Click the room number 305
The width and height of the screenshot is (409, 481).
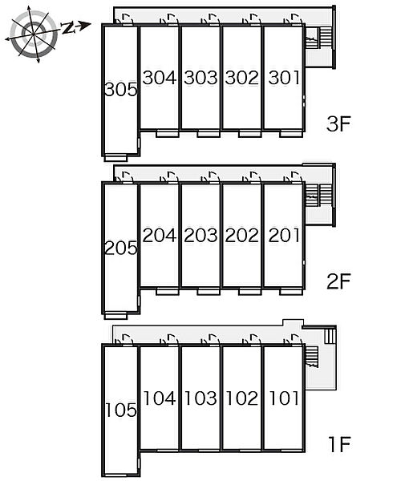120,90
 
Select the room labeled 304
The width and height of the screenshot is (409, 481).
160,77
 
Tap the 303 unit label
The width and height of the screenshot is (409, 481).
200,77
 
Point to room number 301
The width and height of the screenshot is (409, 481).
284,77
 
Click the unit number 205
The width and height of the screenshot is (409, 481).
120,248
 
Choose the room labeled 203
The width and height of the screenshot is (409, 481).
200,235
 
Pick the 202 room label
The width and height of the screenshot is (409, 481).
241,235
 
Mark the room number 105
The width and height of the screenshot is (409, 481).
121,410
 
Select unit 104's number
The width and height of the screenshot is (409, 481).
160,398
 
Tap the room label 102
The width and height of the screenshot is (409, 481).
242,398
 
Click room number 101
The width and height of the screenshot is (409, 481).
284,398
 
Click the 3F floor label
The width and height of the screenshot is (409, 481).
338,124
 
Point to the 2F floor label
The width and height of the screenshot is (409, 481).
338,281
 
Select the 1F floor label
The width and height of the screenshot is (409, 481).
339,444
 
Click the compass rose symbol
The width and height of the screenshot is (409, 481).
33,34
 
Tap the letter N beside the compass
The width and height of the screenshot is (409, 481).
68,28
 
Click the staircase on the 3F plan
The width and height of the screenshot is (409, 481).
318,38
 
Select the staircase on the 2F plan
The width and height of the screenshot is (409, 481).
318,195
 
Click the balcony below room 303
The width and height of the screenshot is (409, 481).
209,134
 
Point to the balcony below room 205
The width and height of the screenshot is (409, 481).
115,316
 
